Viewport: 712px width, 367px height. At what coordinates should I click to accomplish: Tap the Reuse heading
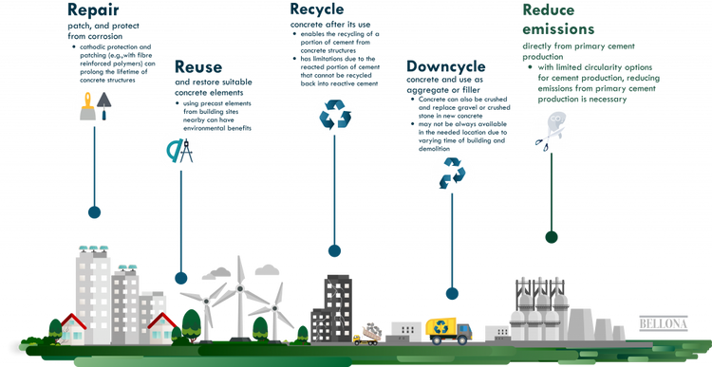(197, 67)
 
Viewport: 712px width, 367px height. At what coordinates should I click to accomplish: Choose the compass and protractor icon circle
(178, 152)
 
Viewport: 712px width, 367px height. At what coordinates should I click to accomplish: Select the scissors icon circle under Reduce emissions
(549, 131)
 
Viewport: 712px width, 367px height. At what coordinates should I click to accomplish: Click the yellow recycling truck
(446, 329)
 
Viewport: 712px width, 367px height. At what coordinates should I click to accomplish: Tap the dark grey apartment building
(337, 305)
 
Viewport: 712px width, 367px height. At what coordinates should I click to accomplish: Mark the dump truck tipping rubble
(369, 332)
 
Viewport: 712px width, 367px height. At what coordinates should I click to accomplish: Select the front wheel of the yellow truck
(462, 339)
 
